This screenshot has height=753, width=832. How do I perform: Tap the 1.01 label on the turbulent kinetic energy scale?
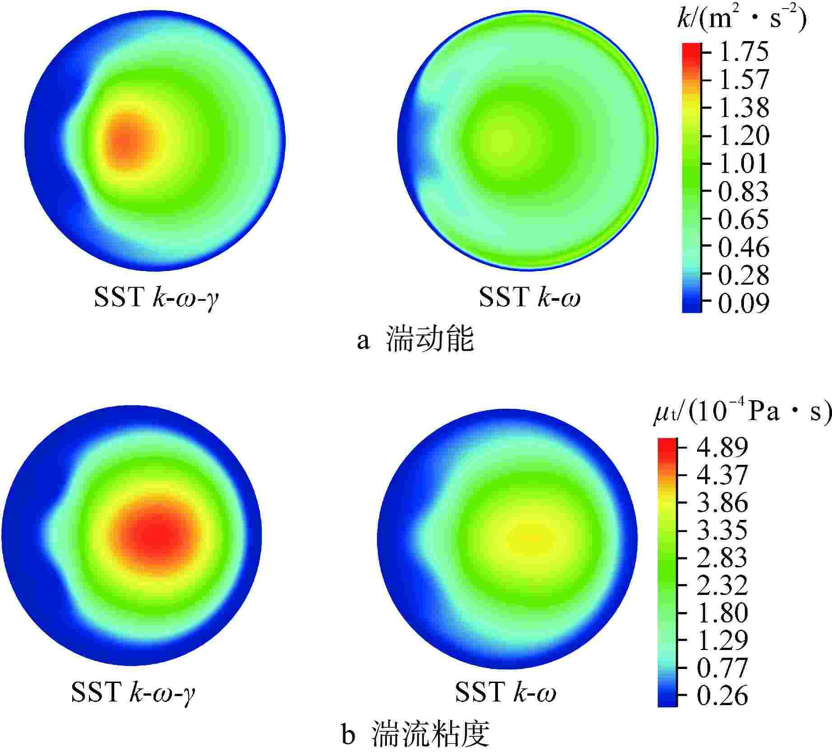(743, 163)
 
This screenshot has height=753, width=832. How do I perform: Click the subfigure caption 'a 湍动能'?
(415, 340)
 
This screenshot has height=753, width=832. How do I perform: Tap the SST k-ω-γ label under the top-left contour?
(156, 297)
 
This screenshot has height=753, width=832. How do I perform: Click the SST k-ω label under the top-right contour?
(529, 297)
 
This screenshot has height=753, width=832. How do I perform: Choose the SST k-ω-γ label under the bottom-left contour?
(133, 692)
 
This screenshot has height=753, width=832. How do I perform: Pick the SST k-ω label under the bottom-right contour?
(505, 692)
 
